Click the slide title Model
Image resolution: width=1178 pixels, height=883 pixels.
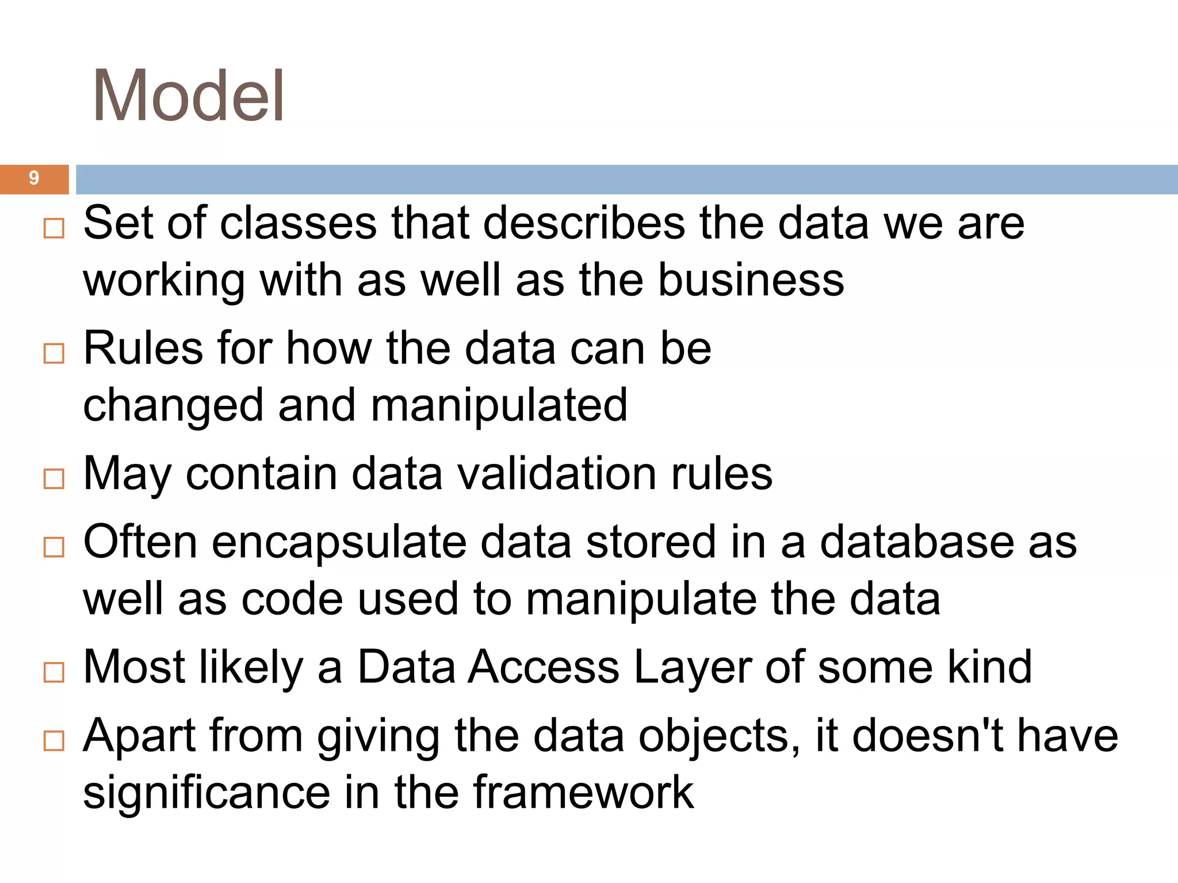tap(188, 95)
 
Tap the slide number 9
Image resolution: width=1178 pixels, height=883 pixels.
tap(34, 178)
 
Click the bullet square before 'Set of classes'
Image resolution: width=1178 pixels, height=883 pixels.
tap(54, 228)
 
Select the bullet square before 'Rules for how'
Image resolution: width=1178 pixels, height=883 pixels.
tap(54, 354)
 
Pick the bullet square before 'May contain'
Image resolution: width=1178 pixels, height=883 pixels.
tap(54, 478)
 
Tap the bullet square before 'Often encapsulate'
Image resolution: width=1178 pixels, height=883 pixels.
tap(54, 547)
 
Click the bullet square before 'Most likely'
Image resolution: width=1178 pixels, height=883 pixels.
tap(54, 672)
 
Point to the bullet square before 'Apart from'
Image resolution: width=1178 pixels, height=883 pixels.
tap(54, 740)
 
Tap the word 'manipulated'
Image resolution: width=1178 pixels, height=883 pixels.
tap(499, 405)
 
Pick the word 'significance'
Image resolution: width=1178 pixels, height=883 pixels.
tap(206, 793)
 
